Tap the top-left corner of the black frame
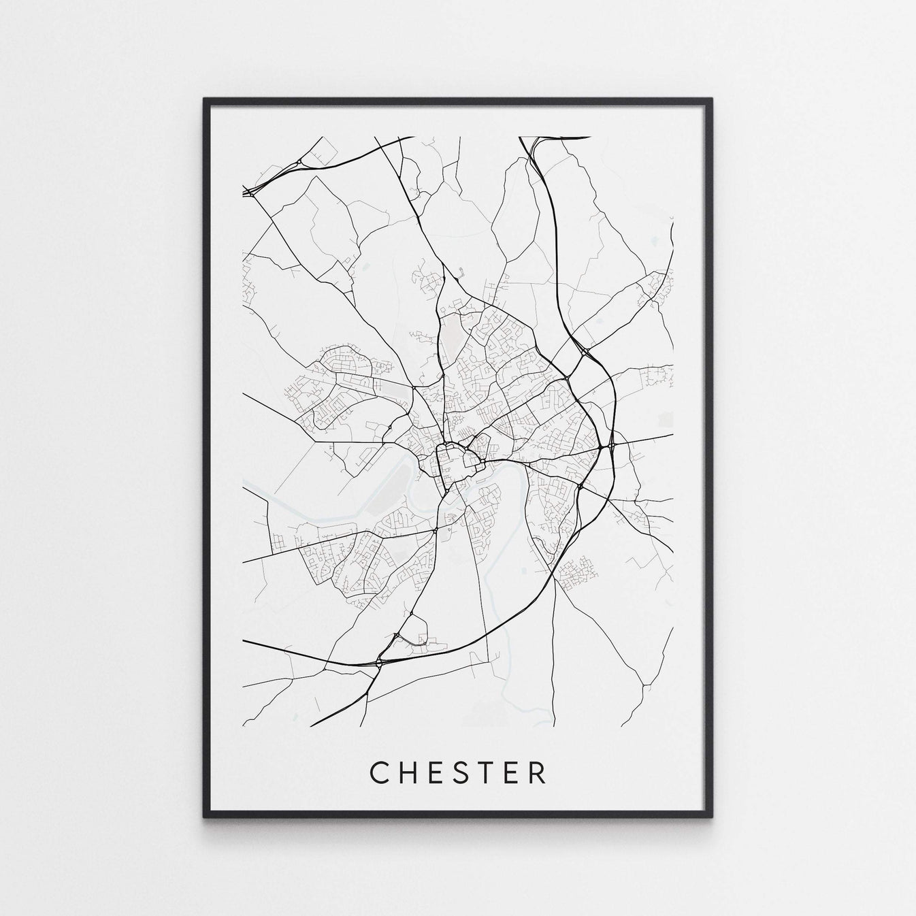point(205,99)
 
